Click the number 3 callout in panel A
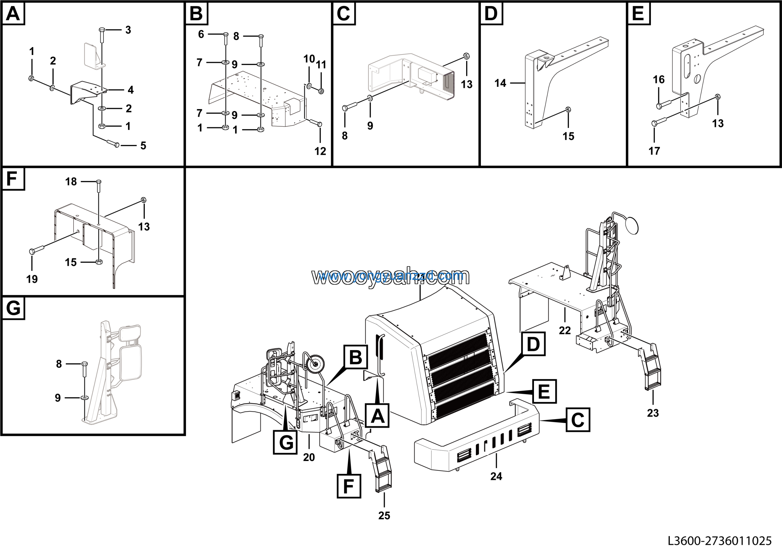click(128, 30)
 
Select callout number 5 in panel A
click(143, 146)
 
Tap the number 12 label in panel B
click(320, 151)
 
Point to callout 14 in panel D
click(500, 83)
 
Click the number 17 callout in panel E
click(654, 151)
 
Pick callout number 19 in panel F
click(32, 279)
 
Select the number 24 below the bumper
click(496, 476)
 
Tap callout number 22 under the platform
click(565, 330)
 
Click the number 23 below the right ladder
click(653, 413)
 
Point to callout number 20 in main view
click(309, 457)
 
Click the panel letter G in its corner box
click(13, 308)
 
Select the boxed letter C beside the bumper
click(578, 420)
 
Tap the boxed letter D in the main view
click(533, 344)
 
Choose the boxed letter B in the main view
click(356, 357)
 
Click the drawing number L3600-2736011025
click(719, 541)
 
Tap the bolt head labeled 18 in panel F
click(98, 181)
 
